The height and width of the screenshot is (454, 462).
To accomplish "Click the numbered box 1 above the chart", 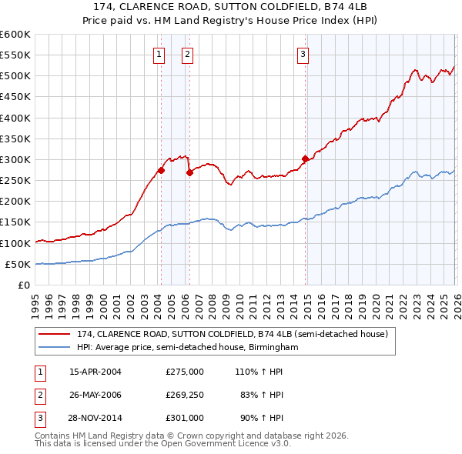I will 159,54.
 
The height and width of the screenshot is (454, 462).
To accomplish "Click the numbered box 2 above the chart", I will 187,54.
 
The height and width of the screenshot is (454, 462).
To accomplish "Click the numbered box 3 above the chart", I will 303,54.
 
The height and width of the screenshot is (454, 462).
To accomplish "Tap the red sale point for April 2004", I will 161,170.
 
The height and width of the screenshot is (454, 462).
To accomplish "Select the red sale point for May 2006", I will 189,172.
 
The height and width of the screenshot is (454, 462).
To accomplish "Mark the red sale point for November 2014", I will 305,159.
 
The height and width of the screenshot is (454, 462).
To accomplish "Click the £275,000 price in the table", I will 185,371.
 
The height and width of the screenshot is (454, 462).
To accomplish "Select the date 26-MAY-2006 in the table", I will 95,395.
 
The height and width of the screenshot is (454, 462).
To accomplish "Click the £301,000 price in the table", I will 185,419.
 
